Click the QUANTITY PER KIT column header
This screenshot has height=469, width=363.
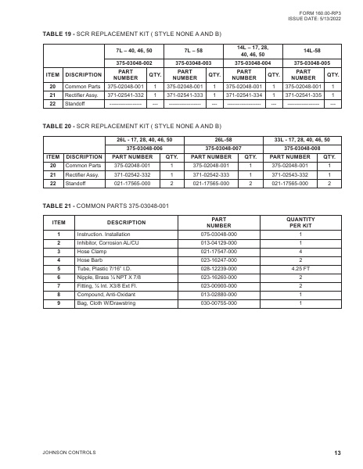(300, 223)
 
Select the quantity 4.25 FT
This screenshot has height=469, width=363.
(300, 267)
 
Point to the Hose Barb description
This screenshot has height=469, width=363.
(90, 260)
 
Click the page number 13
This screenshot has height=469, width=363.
(337, 453)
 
